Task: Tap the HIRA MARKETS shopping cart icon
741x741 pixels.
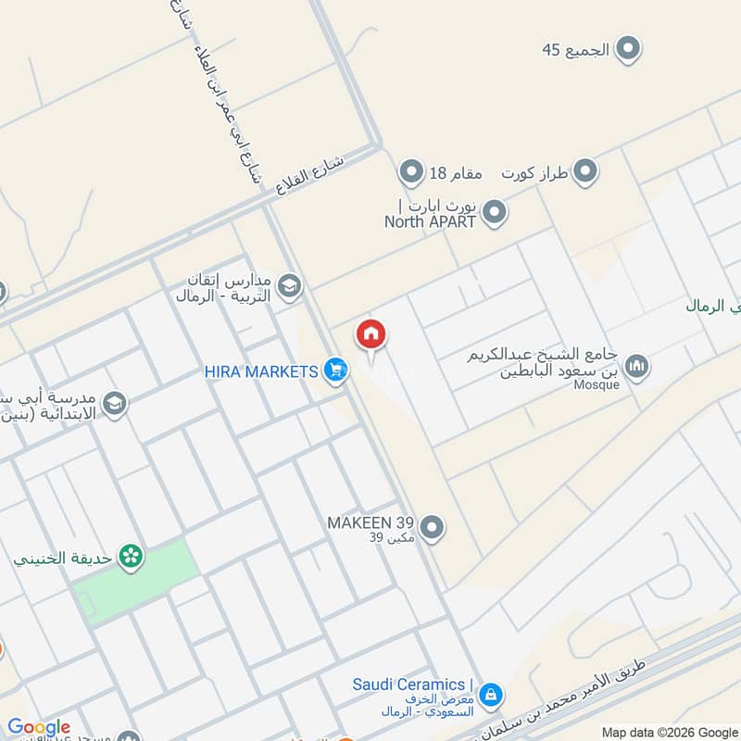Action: click(x=336, y=371)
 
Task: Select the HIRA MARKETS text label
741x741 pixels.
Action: click(x=262, y=371)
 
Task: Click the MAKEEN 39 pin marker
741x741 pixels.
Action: click(x=431, y=529)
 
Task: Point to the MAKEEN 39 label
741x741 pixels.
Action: click(x=370, y=523)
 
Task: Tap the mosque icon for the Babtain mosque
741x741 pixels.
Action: click(x=636, y=368)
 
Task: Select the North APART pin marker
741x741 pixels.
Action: click(x=496, y=213)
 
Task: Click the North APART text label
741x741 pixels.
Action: click(x=430, y=221)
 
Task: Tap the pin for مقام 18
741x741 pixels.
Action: click(x=410, y=171)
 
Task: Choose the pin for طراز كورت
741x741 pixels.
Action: click(x=584, y=171)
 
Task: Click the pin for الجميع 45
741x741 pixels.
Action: click(x=629, y=49)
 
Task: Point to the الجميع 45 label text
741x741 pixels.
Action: click(x=575, y=50)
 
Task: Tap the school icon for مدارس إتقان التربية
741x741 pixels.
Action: click(x=290, y=287)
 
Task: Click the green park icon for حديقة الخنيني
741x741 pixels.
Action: click(x=132, y=556)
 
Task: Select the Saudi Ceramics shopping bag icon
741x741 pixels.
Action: click(x=490, y=693)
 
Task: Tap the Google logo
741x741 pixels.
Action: click(x=39, y=727)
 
